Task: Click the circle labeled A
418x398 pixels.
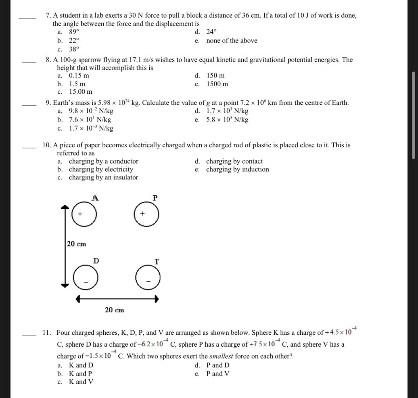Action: pyautogui.click(x=84, y=214)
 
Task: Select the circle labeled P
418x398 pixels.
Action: pyautogui.click(x=147, y=214)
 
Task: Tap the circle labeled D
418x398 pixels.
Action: pyautogui.click(x=86, y=279)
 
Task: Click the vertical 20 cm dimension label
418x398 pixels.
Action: pyautogui.click(x=77, y=244)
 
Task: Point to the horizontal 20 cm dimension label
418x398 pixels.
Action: pyautogui.click(x=114, y=310)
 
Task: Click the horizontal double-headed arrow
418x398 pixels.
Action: pyautogui.click(x=117, y=299)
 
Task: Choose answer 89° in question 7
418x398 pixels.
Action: pyautogui.click(x=73, y=32)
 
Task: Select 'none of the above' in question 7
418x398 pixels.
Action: pyautogui.click(x=231, y=40)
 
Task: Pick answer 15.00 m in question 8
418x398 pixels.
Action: pyautogui.click(x=80, y=92)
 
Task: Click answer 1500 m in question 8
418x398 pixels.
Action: pyautogui.click(x=217, y=84)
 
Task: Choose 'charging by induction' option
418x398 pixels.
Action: pyautogui.click(x=237, y=169)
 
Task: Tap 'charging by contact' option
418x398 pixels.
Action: pyautogui.click(x=234, y=161)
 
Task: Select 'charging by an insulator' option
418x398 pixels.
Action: pyautogui.click(x=103, y=177)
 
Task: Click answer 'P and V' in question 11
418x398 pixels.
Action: pyautogui.click(x=218, y=374)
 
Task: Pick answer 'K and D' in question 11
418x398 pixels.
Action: pyautogui.click(x=81, y=365)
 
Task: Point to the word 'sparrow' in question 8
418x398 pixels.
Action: pyautogui.click(x=84, y=60)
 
